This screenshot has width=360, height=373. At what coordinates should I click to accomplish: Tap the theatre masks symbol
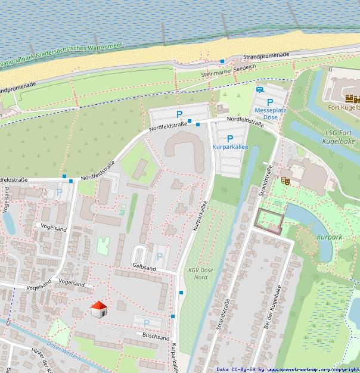point(286,179)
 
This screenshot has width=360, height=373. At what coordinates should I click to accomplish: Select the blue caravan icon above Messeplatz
point(260,90)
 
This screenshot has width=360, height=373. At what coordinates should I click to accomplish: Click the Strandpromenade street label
point(266,56)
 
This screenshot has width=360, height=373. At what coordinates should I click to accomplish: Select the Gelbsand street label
point(144,268)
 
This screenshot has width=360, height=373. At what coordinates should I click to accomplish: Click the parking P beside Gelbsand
point(159,256)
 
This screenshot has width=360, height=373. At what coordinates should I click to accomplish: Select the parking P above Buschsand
point(147,323)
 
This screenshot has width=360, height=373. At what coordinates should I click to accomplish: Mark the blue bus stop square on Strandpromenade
point(222,61)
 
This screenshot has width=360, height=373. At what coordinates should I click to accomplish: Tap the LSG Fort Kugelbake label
point(342,136)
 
